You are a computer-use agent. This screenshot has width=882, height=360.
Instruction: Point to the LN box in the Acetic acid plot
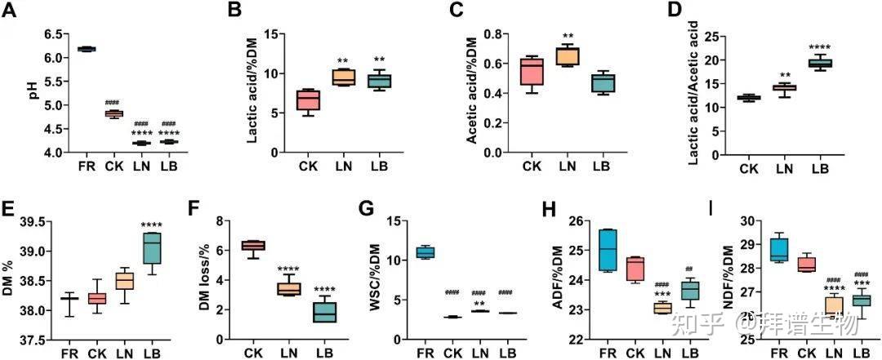click(x=566, y=56)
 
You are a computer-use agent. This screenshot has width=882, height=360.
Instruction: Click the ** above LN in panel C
click(x=566, y=36)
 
